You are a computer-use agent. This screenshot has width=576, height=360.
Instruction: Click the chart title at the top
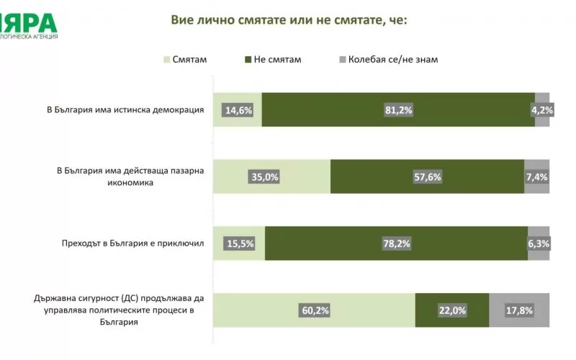coord(289,19)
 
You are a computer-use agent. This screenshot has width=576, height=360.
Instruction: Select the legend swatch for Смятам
coord(167,59)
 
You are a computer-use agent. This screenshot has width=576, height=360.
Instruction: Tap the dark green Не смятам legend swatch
coord(248,59)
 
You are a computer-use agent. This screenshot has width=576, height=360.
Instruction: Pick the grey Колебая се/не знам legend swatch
coord(342,59)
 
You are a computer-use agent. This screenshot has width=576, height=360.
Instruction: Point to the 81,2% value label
coord(398,110)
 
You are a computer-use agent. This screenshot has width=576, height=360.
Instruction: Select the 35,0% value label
coord(263,177)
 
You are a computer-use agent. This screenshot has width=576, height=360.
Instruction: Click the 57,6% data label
coord(426,177)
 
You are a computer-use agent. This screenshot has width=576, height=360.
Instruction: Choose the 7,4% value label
coord(536,177)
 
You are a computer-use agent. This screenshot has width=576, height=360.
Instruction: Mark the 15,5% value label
coord(239,243)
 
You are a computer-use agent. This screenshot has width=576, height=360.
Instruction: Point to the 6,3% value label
coord(538,243)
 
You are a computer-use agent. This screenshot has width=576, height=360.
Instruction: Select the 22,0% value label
coord(452,311)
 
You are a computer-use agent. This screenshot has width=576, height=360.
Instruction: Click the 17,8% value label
coord(519,311)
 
